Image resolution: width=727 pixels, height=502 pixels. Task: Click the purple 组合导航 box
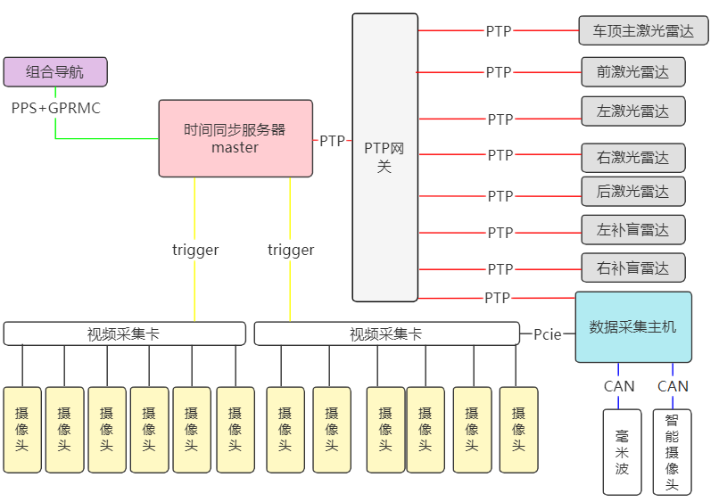click(55, 72)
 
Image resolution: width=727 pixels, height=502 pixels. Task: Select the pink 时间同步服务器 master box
click(235, 138)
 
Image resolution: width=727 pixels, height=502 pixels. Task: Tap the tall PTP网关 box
click(384, 157)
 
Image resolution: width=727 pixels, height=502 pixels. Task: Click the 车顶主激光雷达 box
click(642, 31)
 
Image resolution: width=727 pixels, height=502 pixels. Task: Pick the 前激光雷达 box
click(632, 71)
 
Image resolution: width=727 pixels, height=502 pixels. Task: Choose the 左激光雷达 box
click(632, 111)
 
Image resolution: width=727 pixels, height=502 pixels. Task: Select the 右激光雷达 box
click(632, 158)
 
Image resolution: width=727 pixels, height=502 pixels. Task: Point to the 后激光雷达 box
click(632, 191)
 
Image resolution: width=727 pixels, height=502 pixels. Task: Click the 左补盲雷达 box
click(632, 230)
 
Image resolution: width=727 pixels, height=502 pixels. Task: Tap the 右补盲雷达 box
click(632, 267)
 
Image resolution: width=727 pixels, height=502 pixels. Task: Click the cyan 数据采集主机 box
click(632, 326)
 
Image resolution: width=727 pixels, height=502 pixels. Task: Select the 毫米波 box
click(623, 451)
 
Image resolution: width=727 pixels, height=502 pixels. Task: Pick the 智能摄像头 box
click(672, 451)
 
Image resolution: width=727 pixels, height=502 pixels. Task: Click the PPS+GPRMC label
click(56, 108)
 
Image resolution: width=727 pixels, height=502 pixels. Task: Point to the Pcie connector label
click(548, 334)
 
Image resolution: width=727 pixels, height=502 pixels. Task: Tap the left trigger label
click(195, 250)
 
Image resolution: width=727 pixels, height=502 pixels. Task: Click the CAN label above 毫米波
click(619, 386)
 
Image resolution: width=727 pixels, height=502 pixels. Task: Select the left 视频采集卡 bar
click(124, 333)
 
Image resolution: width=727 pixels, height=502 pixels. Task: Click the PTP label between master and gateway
click(333, 141)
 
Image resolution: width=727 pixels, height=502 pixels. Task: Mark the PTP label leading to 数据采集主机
click(498, 298)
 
